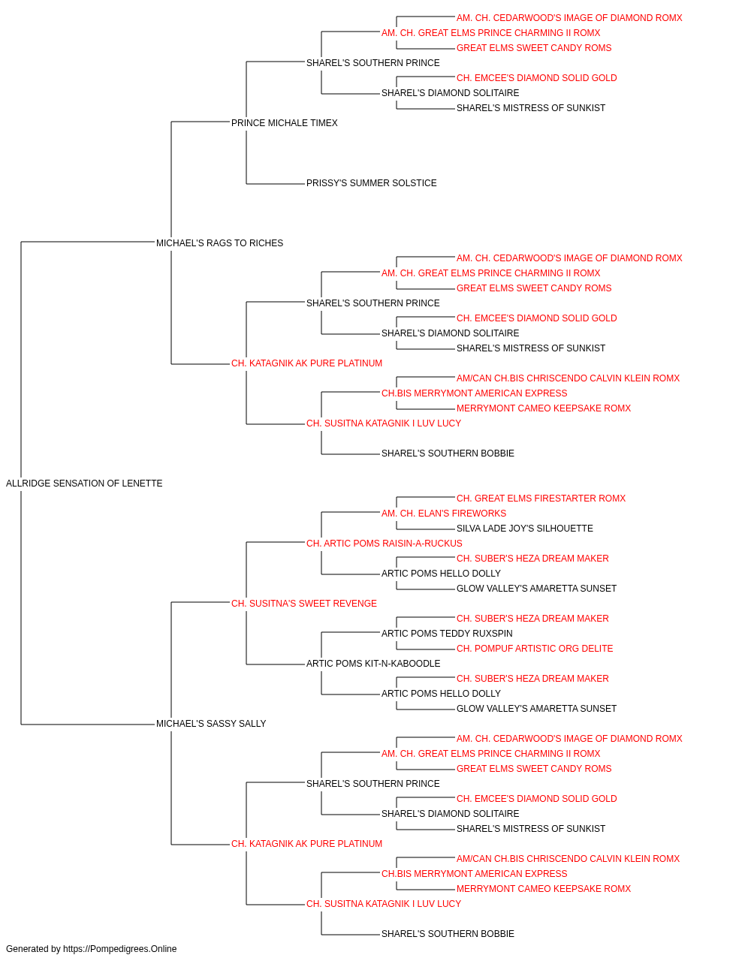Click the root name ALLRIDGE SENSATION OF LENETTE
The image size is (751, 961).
coord(84,484)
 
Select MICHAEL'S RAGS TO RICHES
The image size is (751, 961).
coord(219,243)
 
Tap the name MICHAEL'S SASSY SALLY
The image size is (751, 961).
coord(211,724)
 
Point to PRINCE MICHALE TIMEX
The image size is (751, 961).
coord(285,123)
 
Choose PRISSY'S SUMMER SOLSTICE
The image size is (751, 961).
coord(372,183)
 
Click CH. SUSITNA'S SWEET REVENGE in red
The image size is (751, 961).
coord(304,604)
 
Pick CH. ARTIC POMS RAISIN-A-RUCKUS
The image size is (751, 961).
coord(385,544)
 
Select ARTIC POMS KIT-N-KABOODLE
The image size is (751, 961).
coord(373,664)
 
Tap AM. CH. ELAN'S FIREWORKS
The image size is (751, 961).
coord(444,514)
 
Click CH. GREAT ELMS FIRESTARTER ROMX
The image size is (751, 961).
coord(541,499)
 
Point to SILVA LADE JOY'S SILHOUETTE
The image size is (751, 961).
coord(524,529)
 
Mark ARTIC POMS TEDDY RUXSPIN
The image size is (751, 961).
coord(447,634)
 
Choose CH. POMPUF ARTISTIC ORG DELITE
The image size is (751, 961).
coord(535,649)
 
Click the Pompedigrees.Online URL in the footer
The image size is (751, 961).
coord(119,949)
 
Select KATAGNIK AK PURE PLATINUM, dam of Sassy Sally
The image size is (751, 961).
coord(306,844)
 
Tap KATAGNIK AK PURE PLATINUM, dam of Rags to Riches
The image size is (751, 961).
coord(306,363)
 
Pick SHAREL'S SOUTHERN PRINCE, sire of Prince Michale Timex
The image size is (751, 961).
coord(372,63)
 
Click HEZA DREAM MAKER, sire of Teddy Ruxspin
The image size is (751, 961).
coord(532,618)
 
